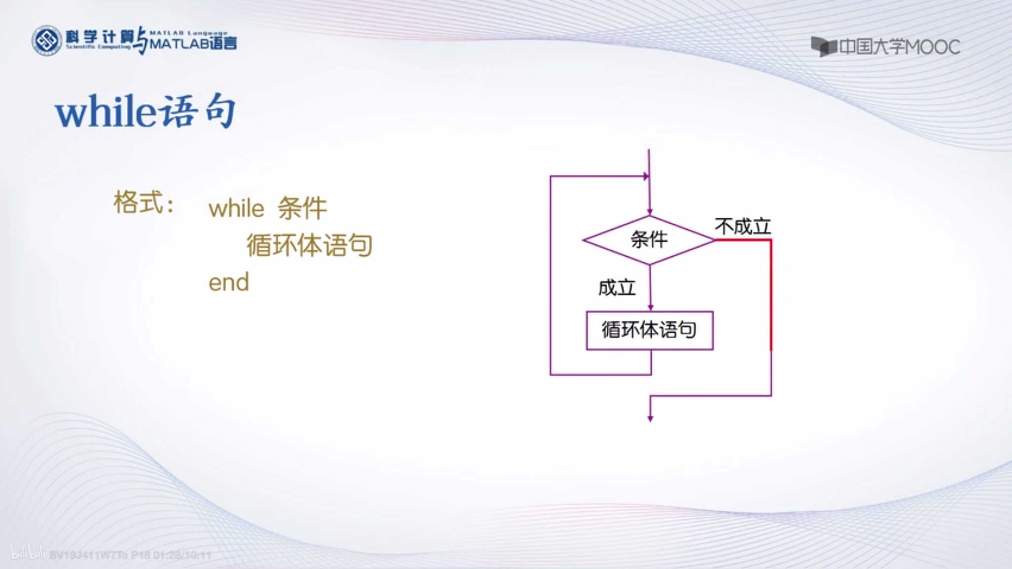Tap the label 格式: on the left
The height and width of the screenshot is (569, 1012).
144,203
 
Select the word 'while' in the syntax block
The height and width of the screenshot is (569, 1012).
236,208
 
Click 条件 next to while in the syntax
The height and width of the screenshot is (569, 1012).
302,208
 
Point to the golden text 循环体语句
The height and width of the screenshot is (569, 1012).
309,245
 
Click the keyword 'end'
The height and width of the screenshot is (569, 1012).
229,283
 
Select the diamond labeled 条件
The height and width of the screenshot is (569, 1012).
649,240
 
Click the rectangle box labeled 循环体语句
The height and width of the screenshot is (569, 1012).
649,330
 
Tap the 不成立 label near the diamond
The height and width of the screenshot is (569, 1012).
743,227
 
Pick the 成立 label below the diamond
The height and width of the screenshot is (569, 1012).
617,287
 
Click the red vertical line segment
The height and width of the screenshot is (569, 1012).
771,296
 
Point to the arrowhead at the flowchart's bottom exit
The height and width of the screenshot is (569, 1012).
650,418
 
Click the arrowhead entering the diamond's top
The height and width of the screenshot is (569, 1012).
650,211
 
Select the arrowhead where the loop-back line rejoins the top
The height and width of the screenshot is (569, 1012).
645,176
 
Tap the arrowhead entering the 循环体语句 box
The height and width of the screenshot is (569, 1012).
650,307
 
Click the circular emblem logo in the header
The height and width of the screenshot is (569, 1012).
47,41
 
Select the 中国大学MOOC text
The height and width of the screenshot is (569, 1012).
899,47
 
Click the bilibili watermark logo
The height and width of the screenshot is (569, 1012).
28,553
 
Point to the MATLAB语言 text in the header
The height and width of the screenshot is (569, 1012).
193,44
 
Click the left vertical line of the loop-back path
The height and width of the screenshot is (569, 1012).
550,277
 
